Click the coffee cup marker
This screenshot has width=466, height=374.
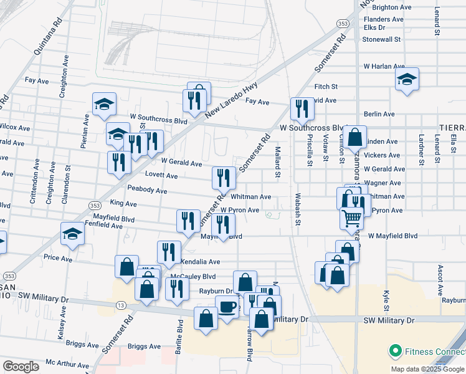tap(227, 307)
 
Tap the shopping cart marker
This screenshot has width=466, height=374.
tap(351, 219)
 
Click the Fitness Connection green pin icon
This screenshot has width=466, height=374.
tap(394, 352)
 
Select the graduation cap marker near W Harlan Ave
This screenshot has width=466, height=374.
tap(407, 79)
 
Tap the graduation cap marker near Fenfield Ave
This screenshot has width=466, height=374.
tap(72, 234)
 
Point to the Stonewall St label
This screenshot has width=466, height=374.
tap(382, 39)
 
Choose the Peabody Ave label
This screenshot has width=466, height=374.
tap(147, 189)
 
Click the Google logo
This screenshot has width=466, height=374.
tap(21, 367)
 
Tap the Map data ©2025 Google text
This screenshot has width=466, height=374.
tap(427, 369)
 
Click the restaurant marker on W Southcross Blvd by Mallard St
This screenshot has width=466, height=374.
tap(302, 108)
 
